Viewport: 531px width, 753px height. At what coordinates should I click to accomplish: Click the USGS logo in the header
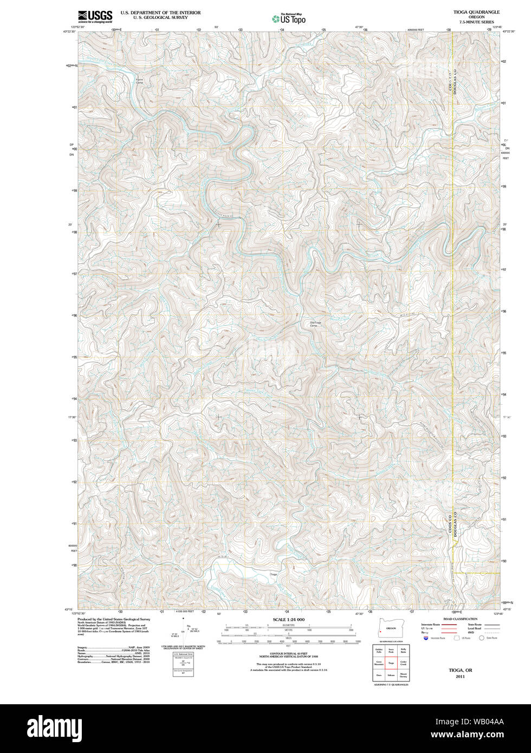point(95,16)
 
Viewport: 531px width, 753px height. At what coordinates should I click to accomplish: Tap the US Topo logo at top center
point(289,18)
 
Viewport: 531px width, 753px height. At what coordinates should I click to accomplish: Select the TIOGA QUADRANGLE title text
point(469,12)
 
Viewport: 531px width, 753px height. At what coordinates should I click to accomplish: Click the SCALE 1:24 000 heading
point(289,619)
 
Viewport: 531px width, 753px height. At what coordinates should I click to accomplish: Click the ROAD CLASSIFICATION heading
point(460,619)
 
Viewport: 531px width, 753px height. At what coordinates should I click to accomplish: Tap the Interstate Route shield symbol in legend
point(426,639)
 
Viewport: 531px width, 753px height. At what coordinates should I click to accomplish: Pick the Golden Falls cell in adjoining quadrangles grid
point(379,651)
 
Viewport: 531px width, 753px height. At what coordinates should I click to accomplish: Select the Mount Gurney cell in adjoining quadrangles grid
point(403,675)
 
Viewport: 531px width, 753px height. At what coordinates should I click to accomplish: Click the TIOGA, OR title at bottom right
point(460,670)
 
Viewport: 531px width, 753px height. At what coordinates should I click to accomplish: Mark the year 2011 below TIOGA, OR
point(460,677)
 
